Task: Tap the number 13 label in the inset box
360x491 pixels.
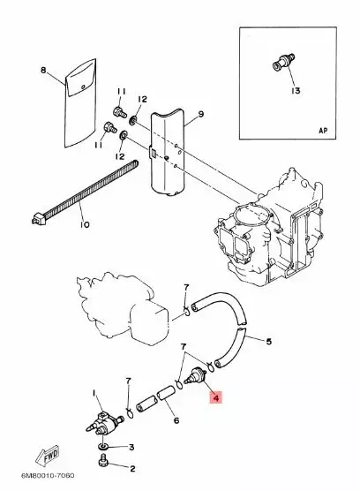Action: click(295, 91)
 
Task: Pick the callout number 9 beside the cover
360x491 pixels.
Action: click(199, 116)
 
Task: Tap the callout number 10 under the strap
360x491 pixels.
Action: click(84, 225)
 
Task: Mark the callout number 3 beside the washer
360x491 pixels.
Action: click(131, 448)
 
